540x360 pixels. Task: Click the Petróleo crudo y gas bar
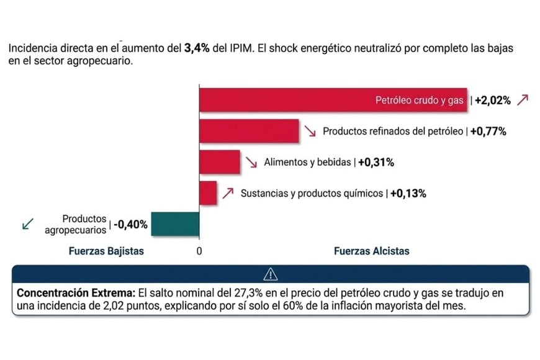tap(333, 100)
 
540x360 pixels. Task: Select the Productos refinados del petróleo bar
tap(249, 131)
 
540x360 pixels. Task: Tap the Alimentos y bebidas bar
tap(219, 162)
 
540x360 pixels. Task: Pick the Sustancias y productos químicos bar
tap(208, 193)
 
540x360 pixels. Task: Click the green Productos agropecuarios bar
tap(175, 224)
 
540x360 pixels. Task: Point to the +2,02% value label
tap(493, 101)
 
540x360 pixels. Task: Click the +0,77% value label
tap(488, 132)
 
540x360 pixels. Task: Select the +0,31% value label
tap(376, 163)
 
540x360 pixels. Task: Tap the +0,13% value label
tap(408, 194)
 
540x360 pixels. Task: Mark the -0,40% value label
tap(130, 225)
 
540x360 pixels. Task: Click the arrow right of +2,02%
tap(523, 100)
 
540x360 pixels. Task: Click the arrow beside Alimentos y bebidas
tap(252, 163)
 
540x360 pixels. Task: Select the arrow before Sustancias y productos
tap(228, 193)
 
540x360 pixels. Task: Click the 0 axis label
tap(199, 251)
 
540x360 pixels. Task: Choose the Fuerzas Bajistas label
tap(106, 251)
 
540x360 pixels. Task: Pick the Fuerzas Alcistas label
tap(372, 251)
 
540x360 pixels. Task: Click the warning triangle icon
tap(271, 273)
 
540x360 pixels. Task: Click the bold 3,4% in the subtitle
tap(198, 48)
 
